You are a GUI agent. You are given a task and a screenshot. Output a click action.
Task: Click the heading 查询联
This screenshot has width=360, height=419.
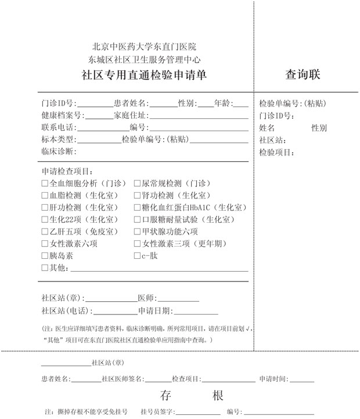pyautogui.click(x=303, y=75)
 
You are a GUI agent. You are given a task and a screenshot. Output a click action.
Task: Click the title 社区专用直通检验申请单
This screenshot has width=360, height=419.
pyautogui.click(x=143, y=75)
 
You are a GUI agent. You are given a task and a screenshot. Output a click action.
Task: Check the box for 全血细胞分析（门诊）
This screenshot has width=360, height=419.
pyautogui.click(x=45, y=183)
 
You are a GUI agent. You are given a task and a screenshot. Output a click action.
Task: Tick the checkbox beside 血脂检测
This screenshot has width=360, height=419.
pyautogui.click(x=45, y=195)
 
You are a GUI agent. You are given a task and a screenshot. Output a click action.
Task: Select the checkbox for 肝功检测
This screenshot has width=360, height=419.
pyautogui.click(x=45, y=207)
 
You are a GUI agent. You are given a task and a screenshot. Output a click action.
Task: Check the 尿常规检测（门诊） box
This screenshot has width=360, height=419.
pyautogui.click(x=138, y=183)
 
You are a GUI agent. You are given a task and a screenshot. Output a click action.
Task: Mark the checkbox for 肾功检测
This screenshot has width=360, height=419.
pyautogui.click(x=138, y=195)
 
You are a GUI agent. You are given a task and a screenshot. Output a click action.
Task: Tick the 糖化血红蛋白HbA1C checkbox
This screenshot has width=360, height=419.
pyautogui.click(x=138, y=207)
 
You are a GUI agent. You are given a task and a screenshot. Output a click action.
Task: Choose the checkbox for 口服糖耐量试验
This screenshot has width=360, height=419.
pyautogui.click(x=138, y=219)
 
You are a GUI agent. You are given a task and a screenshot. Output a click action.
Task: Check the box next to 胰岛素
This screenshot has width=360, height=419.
pyautogui.click(x=45, y=256)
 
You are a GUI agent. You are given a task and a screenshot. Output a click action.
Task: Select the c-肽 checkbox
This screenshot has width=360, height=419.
pyautogui.click(x=138, y=256)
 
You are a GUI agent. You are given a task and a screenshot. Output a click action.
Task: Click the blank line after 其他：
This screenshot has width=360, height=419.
pyautogui.click(x=157, y=269)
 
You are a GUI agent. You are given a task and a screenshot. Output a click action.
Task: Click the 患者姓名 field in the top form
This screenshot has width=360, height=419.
pyautogui.click(x=164, y=104)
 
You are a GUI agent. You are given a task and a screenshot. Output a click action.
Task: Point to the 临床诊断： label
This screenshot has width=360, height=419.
pyautogui.click(x=59, y=151)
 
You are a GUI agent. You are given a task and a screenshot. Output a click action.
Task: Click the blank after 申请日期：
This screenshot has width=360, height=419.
pyautogui.click(x=177, y=311)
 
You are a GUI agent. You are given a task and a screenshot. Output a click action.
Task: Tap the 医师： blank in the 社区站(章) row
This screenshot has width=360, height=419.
pyautogui.click(x=177, y=298)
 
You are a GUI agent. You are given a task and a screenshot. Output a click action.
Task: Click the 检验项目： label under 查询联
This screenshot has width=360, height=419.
pyautogui.click(x=277, y=153)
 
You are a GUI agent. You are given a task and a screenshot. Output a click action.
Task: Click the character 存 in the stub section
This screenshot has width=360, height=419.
pyautogui.click(x=166, y=396)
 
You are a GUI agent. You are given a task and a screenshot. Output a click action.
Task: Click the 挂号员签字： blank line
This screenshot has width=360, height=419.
pyautogui.click(x=200, y=412)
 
